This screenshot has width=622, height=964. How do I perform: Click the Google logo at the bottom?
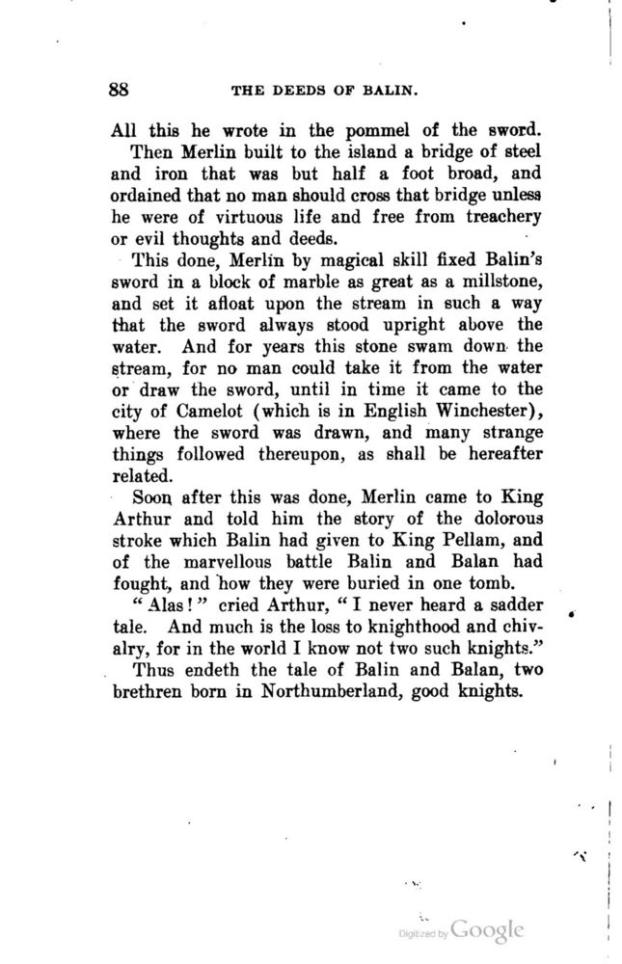coord(487,931)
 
